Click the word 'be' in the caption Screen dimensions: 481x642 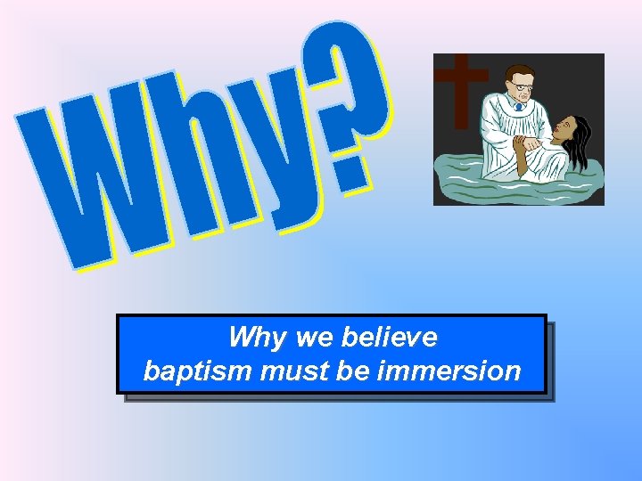[354, 371]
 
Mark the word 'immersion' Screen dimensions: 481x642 [449, 371]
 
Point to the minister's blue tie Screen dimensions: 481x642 [518, 107]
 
